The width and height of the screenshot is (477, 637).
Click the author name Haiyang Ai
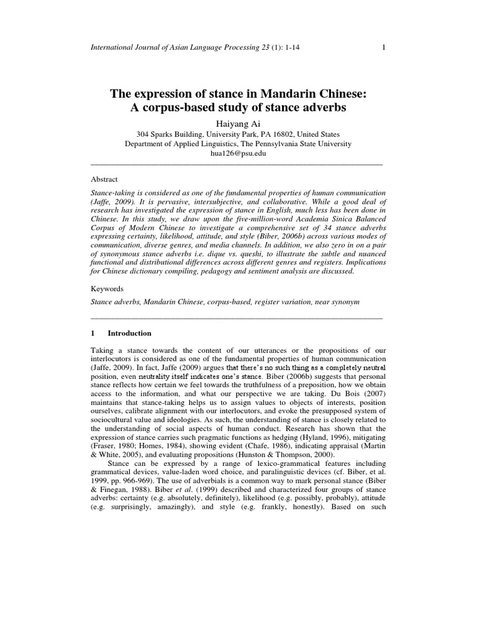(238, 121)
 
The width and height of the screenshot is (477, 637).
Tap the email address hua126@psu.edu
(238, 154)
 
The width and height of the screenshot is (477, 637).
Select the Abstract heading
(104, 178)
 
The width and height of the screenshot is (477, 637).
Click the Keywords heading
(107, 289)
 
